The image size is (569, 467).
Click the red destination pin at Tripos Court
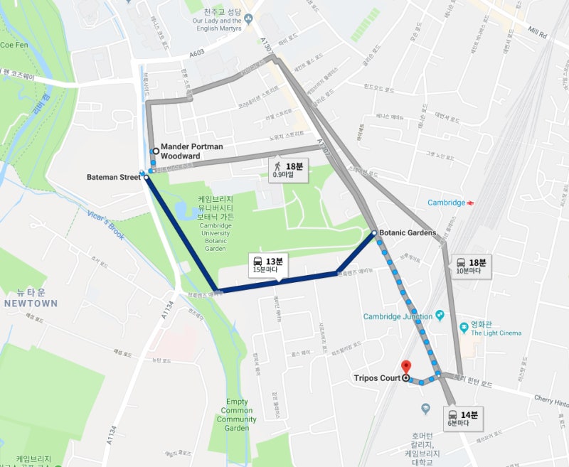(x=406, y=367)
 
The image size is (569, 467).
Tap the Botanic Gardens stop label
(x=407, y=232)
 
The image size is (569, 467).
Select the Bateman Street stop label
(x=114, y=177)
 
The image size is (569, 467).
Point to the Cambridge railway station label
(x=446, y=203)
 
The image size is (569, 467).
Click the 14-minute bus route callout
(x=464, y=418)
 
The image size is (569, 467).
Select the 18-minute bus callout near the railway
(x=472, y=266)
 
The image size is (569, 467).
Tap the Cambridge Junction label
(x=398, y=316)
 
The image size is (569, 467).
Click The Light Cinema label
(x=496, y=333)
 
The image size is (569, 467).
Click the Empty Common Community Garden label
(x=237, y=414)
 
